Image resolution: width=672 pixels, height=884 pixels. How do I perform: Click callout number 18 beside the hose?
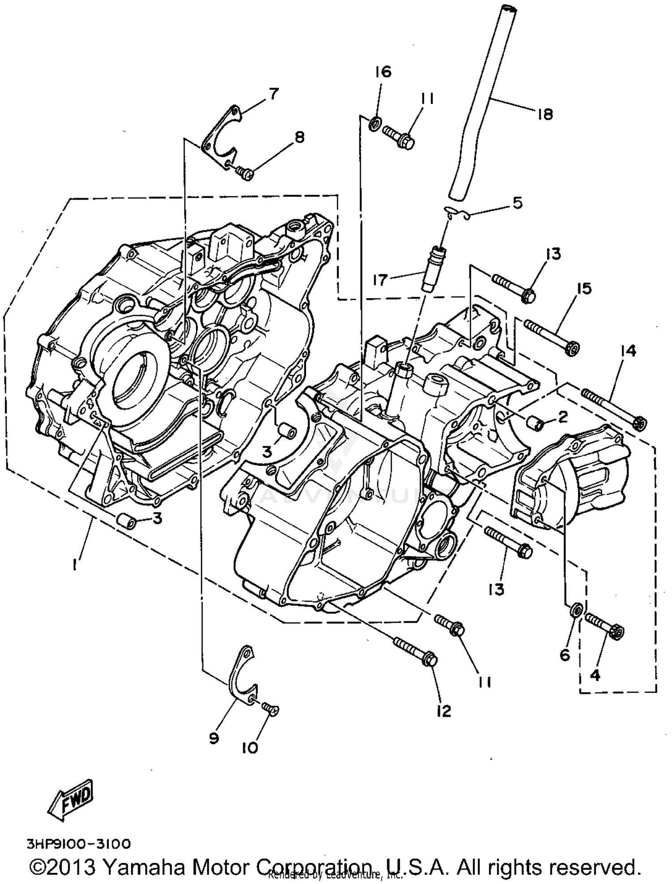pyautogui.click(x=545, y=115)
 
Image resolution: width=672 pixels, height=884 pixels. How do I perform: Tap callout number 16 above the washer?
pyautogui.click(x=383, y=72)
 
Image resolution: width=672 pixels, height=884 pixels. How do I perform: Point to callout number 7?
pyautogui.click(x=274, y=94)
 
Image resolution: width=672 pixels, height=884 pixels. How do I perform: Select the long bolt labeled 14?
pyautogui.click(x=614, y=408)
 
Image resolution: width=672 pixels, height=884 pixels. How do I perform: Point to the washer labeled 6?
pyautogui.click(x=576, y=610)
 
